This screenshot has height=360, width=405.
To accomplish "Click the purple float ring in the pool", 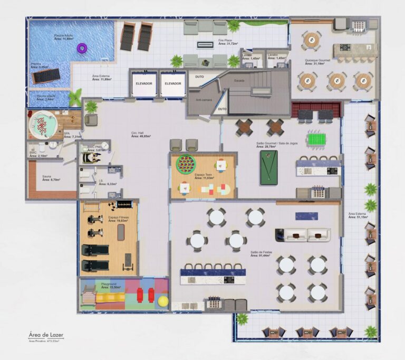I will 82,48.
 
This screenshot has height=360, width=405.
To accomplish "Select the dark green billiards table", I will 268,167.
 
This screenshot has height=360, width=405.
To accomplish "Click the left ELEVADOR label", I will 144,83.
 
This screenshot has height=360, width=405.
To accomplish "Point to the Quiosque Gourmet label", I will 317,61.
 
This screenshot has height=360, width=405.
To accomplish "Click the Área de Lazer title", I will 46,335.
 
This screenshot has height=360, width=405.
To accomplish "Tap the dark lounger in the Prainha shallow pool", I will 46,77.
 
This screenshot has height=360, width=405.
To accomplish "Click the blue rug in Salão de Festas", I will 306,216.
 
